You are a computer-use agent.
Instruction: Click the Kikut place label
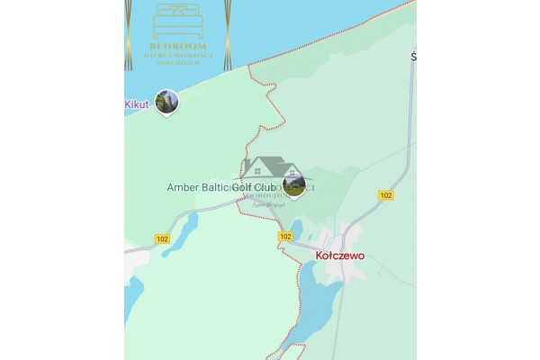136,105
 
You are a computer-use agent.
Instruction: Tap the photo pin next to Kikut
166,102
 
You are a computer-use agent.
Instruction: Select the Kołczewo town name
340,256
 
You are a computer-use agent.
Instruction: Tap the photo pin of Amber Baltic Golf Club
294,185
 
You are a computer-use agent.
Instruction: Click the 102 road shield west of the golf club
162,238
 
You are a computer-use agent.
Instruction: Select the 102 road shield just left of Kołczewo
285,236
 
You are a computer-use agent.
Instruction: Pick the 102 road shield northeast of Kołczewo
386,195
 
